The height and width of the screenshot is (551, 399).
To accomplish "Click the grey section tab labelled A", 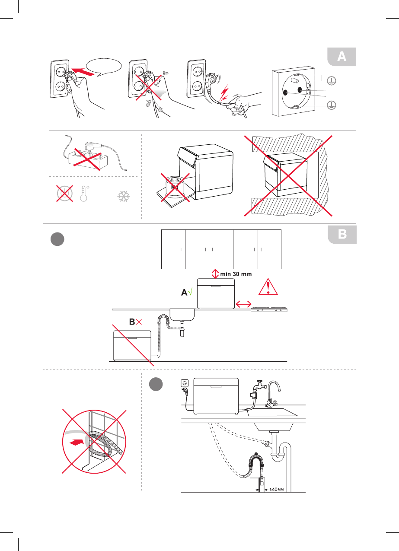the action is tap(342, 57).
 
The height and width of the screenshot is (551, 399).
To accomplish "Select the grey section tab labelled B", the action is tap(342, 235).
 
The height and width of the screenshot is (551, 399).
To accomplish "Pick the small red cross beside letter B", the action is tap(139, 322).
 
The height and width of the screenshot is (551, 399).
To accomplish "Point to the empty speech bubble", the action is tap(103, 67).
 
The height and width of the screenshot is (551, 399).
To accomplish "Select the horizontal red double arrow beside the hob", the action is tap(243, 305).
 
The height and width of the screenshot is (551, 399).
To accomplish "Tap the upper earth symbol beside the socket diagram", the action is tap(332, 81).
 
